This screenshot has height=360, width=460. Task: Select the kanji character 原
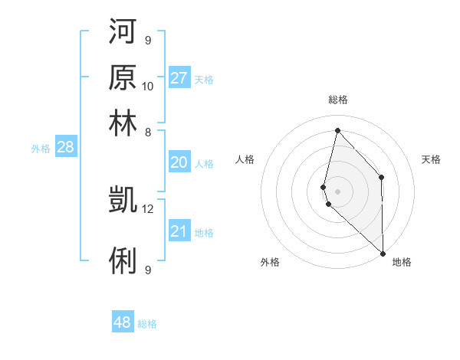click(123, 77)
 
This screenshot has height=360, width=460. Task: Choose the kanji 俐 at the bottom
click(123, 260)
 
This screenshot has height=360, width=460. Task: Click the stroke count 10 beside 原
click(148, 86)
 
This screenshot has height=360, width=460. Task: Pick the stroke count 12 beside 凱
click(148, 208)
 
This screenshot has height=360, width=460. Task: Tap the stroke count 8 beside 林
click(147, 132)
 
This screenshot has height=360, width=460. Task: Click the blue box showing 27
click(179, 78)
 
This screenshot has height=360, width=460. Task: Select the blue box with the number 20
click(179, 162)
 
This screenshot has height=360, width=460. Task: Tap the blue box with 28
click(65, 148)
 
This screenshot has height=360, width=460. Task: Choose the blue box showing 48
click(123, 322)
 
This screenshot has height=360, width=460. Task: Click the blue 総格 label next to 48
click(147, 324)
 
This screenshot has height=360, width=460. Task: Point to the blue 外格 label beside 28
click(41, 149)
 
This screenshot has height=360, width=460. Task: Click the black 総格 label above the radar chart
click(337, 100)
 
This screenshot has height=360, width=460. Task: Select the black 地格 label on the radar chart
click(402, 263)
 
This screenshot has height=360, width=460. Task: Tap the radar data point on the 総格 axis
click(337, 130)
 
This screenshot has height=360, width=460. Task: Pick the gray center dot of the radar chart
click(337, 191)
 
